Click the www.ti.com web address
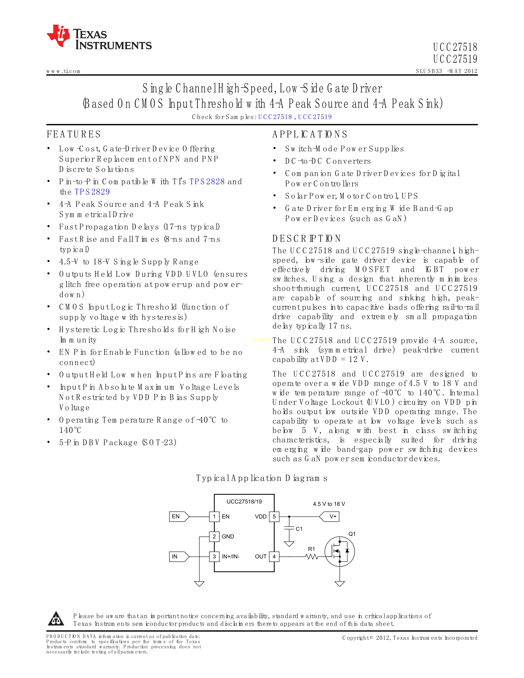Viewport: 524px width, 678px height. tap(63, 71)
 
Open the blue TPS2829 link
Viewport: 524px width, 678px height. tap(92, 192)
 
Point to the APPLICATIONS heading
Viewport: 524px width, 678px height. tap(310, 134)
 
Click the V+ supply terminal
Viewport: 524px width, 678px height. tap(330, 517)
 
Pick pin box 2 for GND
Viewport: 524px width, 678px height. tap(214, 536)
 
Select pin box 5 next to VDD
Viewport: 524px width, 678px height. tap(274, 517)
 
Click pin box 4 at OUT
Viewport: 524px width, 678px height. tap(274, 557)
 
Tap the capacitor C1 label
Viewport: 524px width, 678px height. tap(299, 529)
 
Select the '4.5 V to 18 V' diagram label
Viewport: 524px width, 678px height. tap(329, 504)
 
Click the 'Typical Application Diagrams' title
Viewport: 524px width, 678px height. tap(261, 478)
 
